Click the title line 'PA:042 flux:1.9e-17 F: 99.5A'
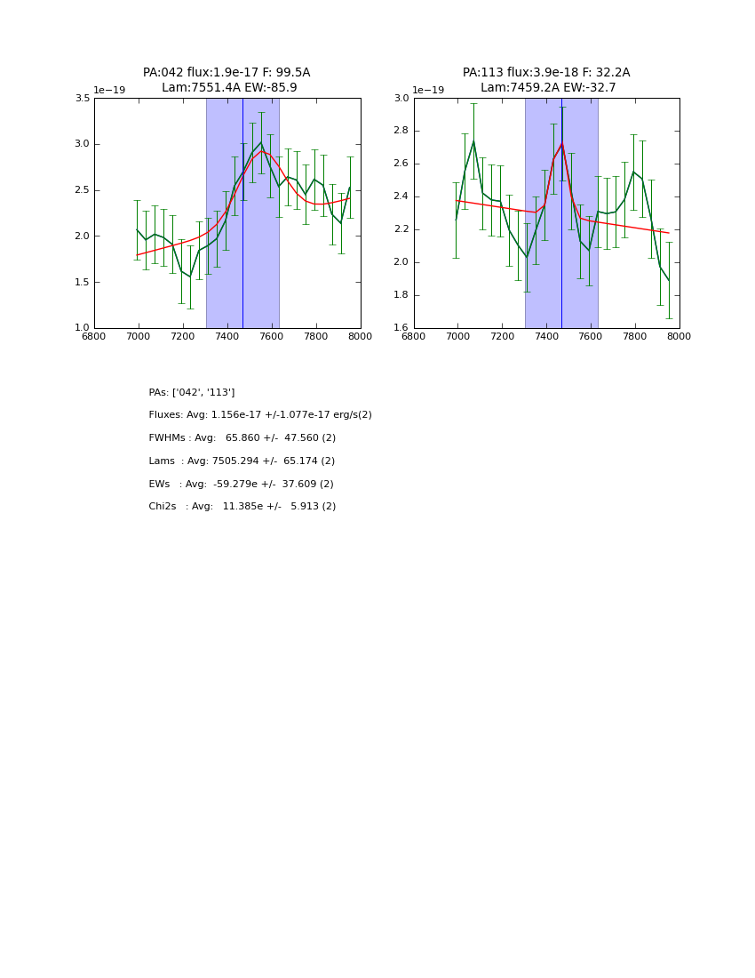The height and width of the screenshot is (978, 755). (x=226, y=73)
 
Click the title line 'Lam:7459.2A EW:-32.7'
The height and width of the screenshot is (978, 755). (x=548, y=88)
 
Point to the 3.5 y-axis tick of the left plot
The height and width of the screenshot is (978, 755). (x=82, y=99)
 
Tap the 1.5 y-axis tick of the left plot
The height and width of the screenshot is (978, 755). (x=82, y=282)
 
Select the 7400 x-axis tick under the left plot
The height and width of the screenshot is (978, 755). (x=227, y=335)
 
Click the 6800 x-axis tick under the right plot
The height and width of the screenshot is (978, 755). (x=414, y=335)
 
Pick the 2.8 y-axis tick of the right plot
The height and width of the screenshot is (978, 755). (x=401, y=131)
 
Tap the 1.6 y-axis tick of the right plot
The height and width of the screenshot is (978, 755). (x=401, y=328)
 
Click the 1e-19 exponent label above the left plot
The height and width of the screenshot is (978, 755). (x=109, y=90)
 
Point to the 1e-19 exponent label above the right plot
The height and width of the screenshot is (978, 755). (x=428, y=90)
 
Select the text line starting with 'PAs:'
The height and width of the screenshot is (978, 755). (x=192, y=392)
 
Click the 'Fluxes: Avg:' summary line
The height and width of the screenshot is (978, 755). (x=260, y=415)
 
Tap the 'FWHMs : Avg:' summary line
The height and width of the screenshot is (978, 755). (x=242, y=438)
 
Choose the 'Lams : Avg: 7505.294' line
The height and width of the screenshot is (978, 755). (x=242, y=461)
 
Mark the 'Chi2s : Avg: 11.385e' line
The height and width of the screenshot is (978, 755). (x=242, y=507)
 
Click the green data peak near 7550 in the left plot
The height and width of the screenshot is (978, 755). (x=261, y=144)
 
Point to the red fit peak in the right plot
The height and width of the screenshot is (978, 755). (x=561, y=144)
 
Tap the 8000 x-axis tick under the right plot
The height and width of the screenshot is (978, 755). (x=679, y=335)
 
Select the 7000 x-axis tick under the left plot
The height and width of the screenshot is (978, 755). (x=139, y=335)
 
